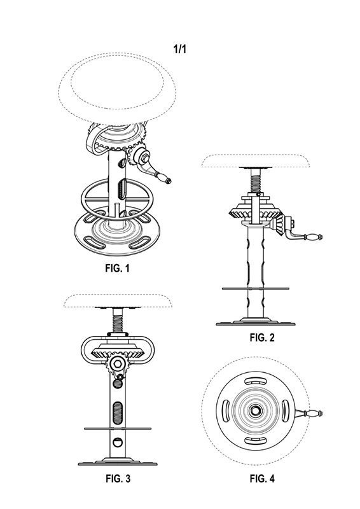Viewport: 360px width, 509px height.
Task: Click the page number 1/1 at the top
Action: (180, 49)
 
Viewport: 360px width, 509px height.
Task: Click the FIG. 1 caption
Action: (118, 268)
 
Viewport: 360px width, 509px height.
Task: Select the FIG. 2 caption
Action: (262, 337)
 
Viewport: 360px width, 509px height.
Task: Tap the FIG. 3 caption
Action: (118, 478)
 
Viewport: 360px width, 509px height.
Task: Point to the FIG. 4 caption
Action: (262, 478)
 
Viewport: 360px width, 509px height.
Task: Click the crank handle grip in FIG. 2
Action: (312, 237)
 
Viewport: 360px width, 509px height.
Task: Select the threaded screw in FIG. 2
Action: (256, 181)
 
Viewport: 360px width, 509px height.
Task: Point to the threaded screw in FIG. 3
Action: (118, 321)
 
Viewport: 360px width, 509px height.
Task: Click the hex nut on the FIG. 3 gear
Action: (117, 363)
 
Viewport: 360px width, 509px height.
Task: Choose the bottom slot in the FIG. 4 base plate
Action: (256, 440)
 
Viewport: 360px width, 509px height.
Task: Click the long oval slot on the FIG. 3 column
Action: (118, 412)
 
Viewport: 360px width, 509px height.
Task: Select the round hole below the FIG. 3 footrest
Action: (118, 442)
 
